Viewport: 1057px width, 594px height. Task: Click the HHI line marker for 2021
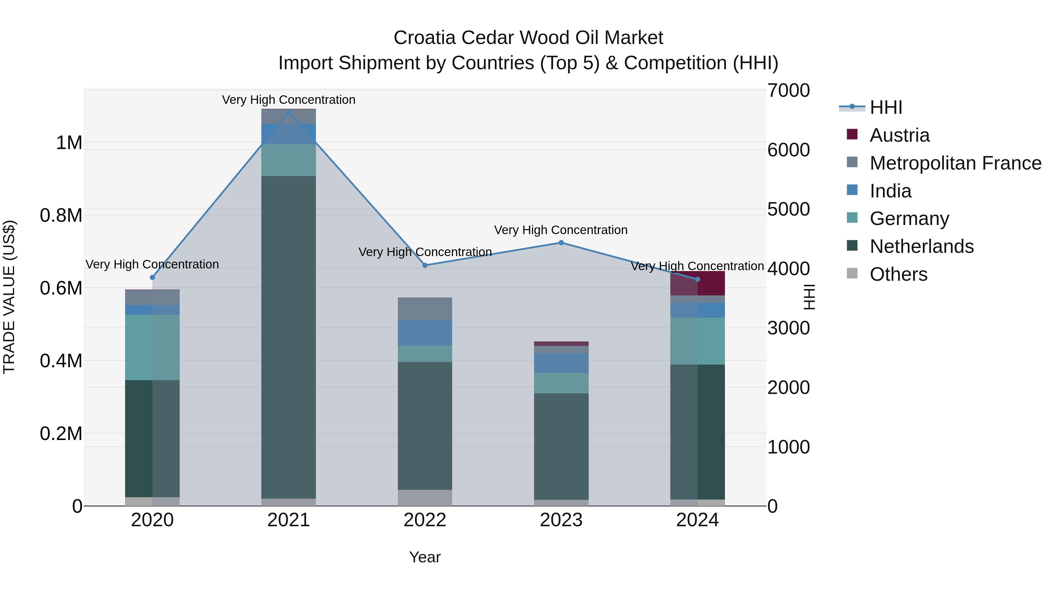(x=288, y=112)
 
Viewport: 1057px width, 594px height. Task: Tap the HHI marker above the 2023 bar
(x=561, y=243)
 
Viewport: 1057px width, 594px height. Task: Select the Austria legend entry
(x=899, y=135)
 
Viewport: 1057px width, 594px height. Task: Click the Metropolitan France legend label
(x=955, y=163)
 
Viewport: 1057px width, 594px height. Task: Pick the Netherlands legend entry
(x=922, y=246)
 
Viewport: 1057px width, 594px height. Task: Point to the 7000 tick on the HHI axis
(x=788, y=91)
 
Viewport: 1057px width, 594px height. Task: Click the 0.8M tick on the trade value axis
(x=61, y=216)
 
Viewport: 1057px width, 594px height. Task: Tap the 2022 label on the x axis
(x=425, y=520)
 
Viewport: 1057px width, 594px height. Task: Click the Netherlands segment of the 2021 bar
(x=288, y=336)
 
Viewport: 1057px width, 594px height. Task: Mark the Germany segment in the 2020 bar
(x=152, y=347)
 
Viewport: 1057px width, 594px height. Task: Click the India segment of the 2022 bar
(x=425, y=333)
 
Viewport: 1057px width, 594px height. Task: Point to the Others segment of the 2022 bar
(x=425, y=498)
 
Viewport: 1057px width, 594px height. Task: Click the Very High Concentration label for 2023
(x=561, y=230)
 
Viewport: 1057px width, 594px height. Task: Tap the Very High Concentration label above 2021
(x=288, y=100)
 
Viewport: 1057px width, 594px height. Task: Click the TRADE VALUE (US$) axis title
(x=9, y=297)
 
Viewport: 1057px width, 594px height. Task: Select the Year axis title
(x=425, y=557)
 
